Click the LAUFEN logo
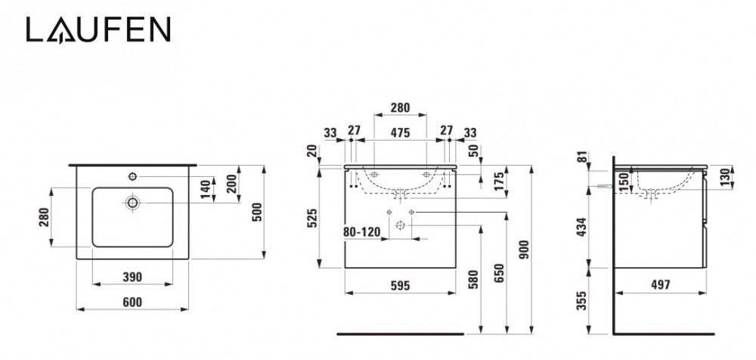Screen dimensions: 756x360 pos(98,30)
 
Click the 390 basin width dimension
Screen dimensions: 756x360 pos(132,277)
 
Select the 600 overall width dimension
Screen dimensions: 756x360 pos(132,302)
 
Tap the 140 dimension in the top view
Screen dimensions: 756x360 pos(206,189)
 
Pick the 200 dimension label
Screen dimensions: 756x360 pos(233,179)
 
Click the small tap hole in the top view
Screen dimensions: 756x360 pos(132,177)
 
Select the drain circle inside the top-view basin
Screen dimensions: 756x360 pos(132,203)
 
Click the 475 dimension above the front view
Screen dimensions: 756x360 pos(400,132)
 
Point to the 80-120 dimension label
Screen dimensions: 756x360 pos(361,232)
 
